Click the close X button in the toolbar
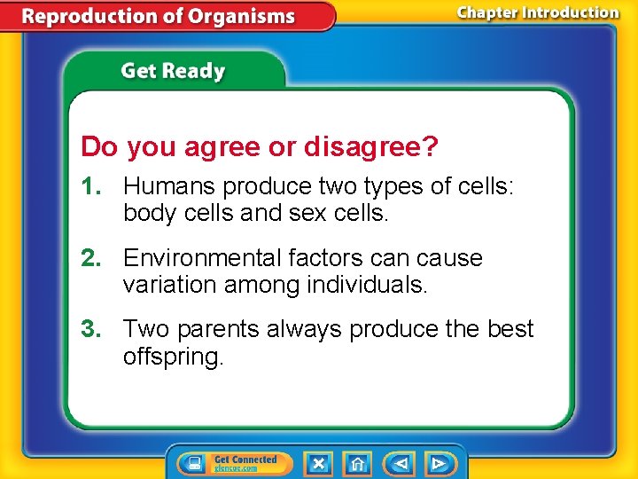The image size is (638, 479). click(x=318, y=464)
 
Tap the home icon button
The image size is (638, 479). click(x=357, y=464)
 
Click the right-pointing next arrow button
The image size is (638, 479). click(x=438, y=464)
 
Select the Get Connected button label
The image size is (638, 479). click(x=245, y=459)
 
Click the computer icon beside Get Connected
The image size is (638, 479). click(x=192, y=464)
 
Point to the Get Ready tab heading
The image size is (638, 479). click(x=173, y=71)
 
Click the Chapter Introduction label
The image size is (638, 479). click(x=537, y=12)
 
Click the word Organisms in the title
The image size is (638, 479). click(x=240, y=17)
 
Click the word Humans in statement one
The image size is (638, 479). click(x=169, y=187)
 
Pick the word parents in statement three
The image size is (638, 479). click(x=215, y=329)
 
